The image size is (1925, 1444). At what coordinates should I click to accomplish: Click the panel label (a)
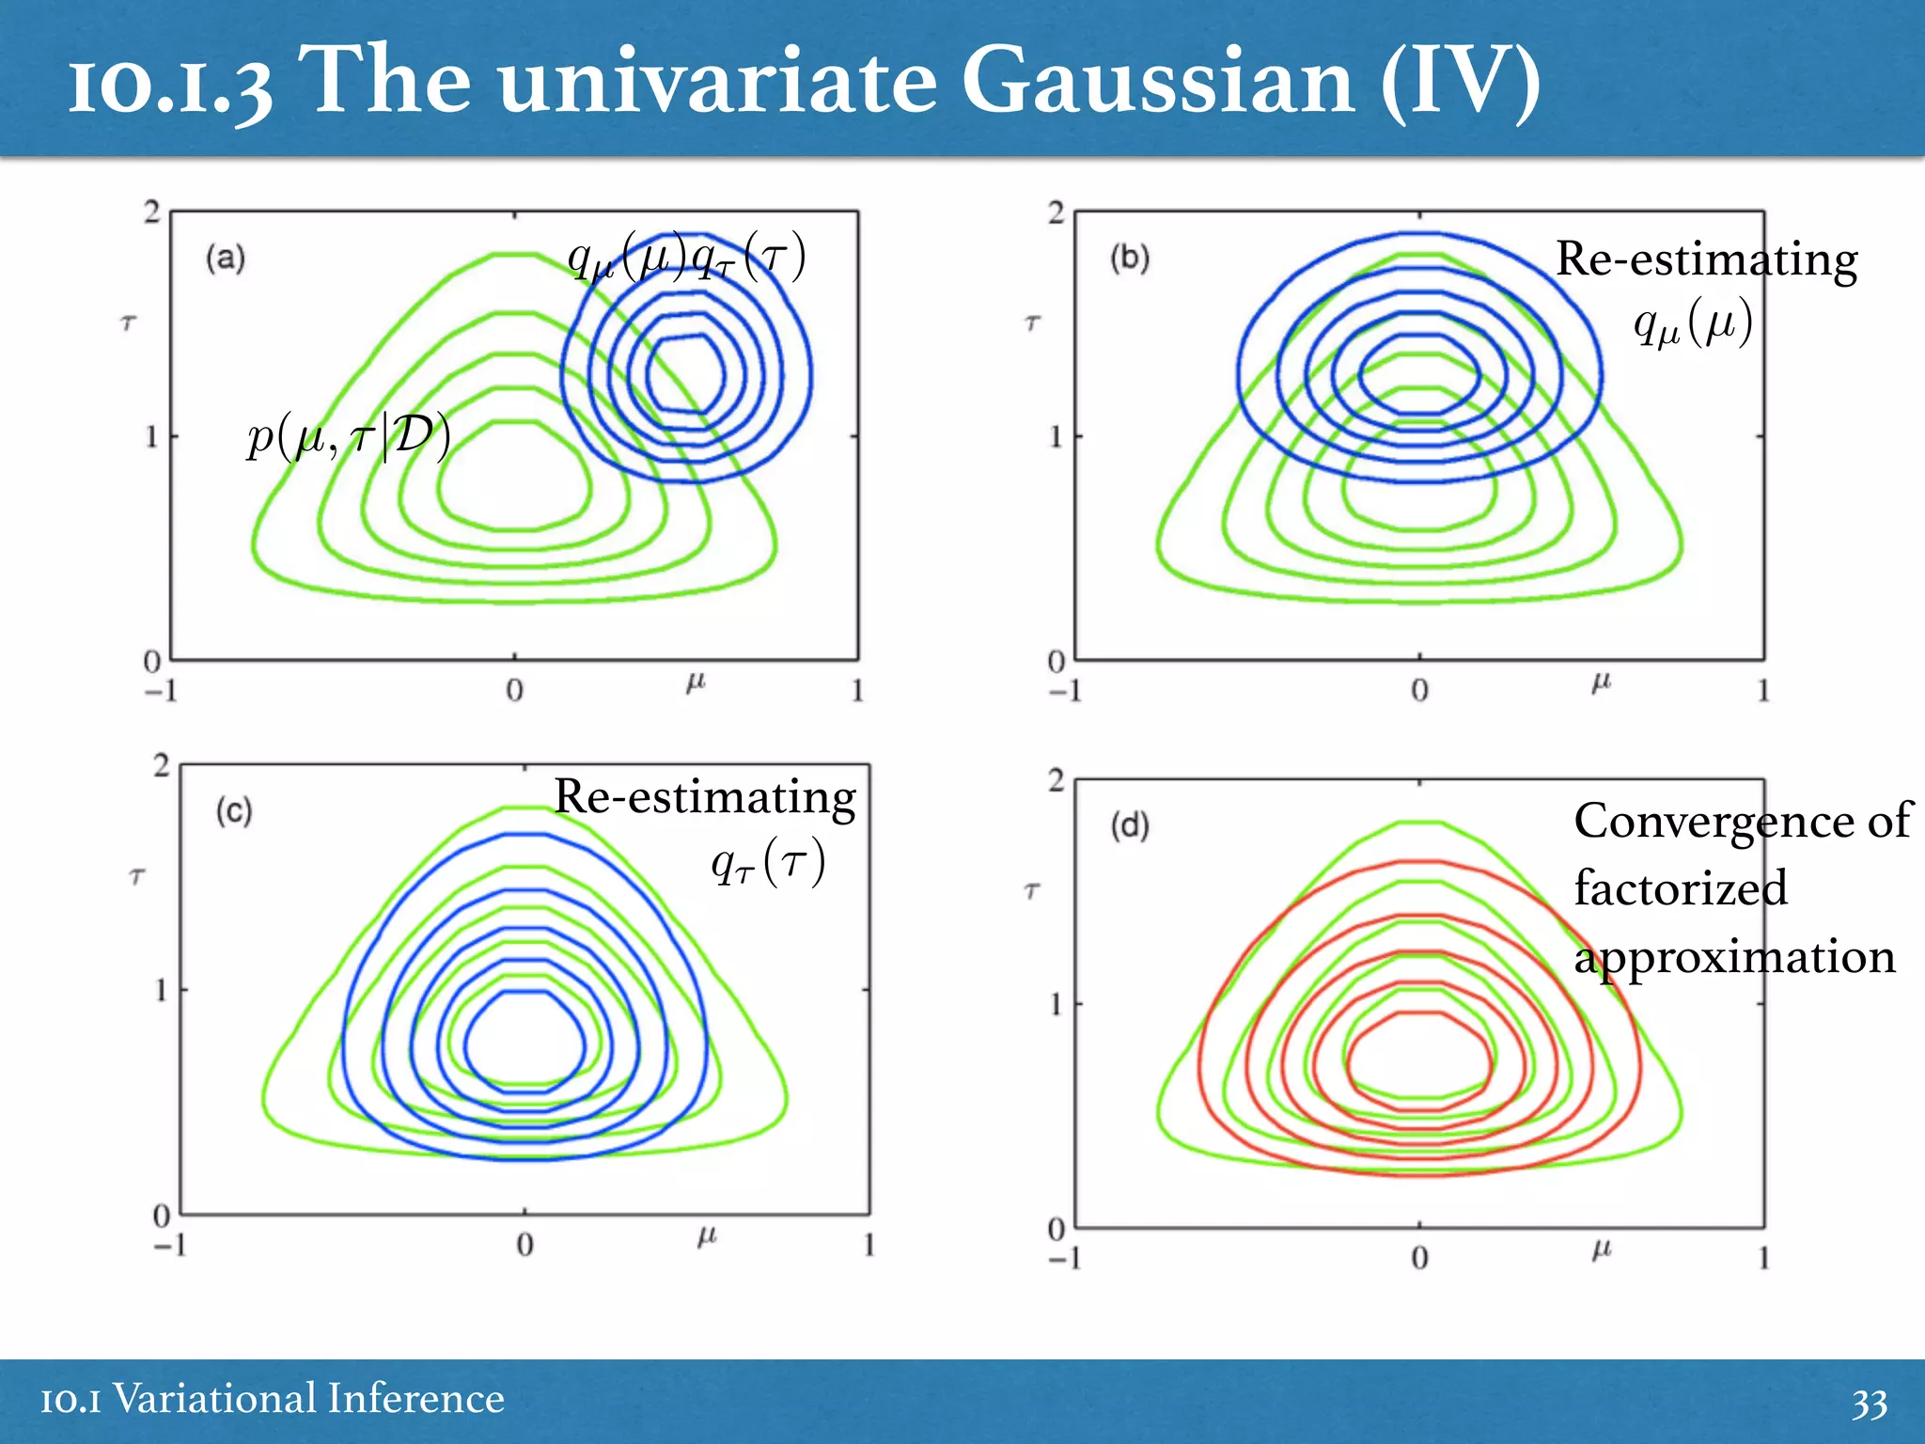[x=226, y=258]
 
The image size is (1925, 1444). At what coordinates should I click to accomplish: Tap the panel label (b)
[x=1130, y=258]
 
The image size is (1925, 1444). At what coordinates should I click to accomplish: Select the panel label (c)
[x=234, y=810]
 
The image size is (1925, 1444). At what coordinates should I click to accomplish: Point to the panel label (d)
[x=1130, y=825]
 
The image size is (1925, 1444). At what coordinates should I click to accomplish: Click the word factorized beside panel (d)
[x=1681, y=888]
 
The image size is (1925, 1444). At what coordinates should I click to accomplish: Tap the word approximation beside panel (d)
[x=1735, y=957]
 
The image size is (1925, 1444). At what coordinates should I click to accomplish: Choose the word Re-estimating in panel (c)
[x=705, y=796]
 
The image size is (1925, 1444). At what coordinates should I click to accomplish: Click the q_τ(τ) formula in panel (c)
[x=768, y=862]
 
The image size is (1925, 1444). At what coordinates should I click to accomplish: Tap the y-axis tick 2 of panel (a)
[x=152, y=212]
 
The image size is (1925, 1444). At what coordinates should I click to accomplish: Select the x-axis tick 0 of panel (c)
[x=524, y=1245]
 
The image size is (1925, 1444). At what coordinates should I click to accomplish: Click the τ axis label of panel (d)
[x=1032, y=890]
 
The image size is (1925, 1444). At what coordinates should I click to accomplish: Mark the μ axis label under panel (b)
[x=1601, y=683]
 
